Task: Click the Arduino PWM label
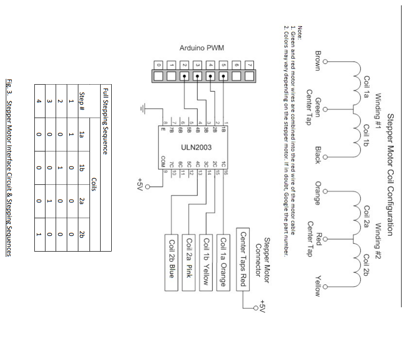coord(202,48)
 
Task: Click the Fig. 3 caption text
coord(8,167)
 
